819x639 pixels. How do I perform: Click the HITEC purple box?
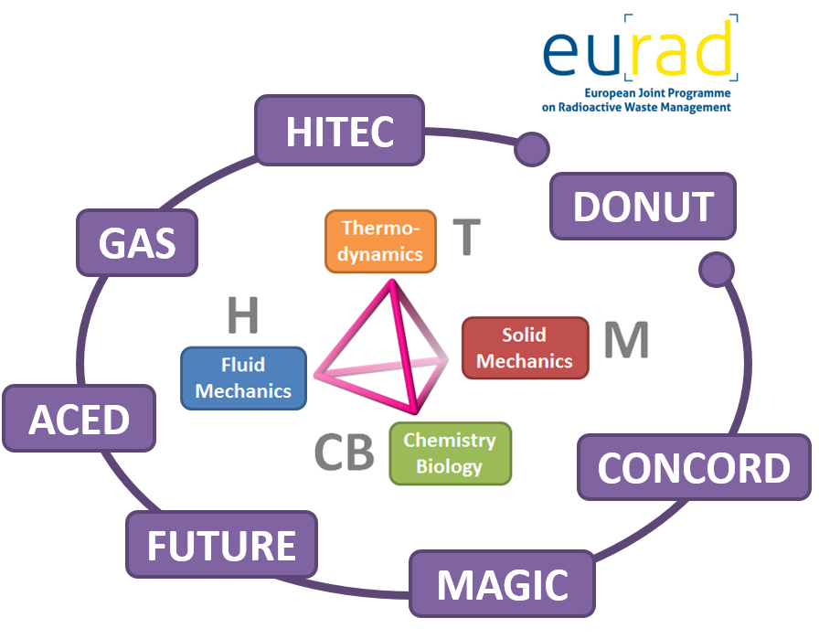pos(339,132)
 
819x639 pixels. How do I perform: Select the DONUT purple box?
pos(643,207)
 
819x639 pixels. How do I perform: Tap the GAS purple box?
pos(137,243)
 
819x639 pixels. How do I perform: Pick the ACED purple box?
pos(79,420)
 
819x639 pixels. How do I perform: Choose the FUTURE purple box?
pos(221,545)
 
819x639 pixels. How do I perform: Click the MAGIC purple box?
pos(502,583)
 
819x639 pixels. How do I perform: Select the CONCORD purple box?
pos(694,467)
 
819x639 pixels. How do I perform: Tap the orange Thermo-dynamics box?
pos(380,241)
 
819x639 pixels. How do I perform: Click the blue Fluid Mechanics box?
pos(243,378)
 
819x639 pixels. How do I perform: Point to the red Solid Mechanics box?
pos(525,347)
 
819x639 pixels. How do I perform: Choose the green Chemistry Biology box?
pos(450,453)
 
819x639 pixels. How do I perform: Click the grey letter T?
pos(467,235)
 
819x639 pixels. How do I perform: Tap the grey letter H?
pos(242,316)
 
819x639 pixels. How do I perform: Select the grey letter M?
pos(626,340)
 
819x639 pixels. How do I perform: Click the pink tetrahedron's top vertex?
pos(393,283)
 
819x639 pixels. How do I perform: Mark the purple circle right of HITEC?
pos(531,148)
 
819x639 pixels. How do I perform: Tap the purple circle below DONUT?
pos(717,269)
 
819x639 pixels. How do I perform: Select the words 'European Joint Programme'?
pos(657,92)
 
